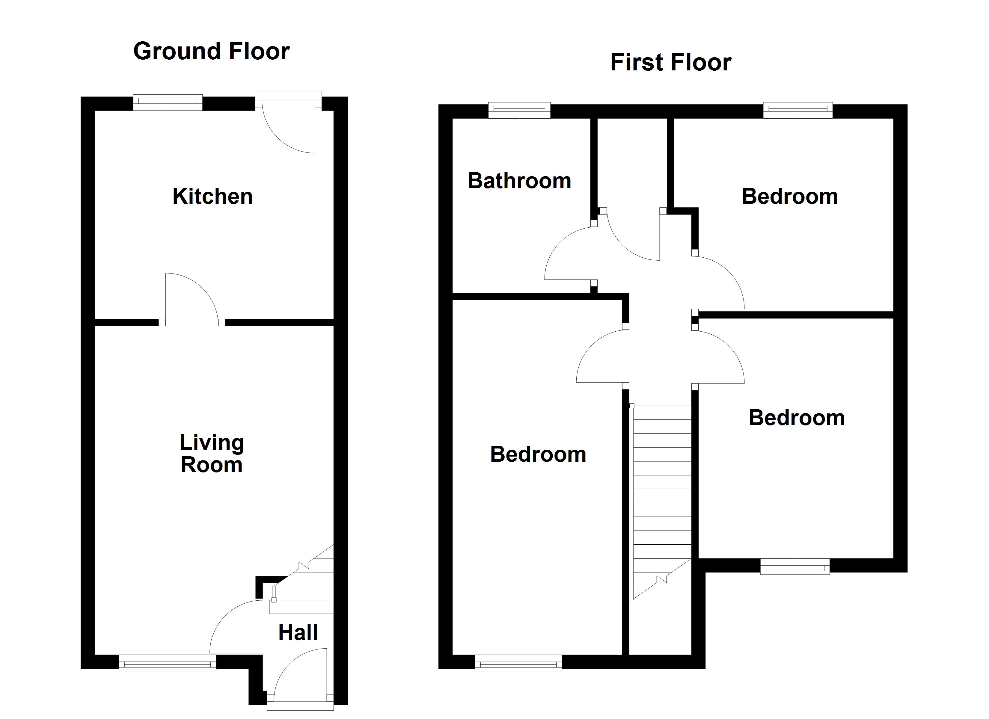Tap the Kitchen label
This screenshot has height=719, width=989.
(212, 196)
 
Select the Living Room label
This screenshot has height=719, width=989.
(212, 454)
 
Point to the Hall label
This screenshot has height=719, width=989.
(298, 633)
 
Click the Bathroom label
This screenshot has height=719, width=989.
(519, 181)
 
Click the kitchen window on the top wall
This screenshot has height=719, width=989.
(168, 102)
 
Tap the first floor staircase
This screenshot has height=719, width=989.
(661, 502)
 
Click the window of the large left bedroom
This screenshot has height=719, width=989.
(518, 664)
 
